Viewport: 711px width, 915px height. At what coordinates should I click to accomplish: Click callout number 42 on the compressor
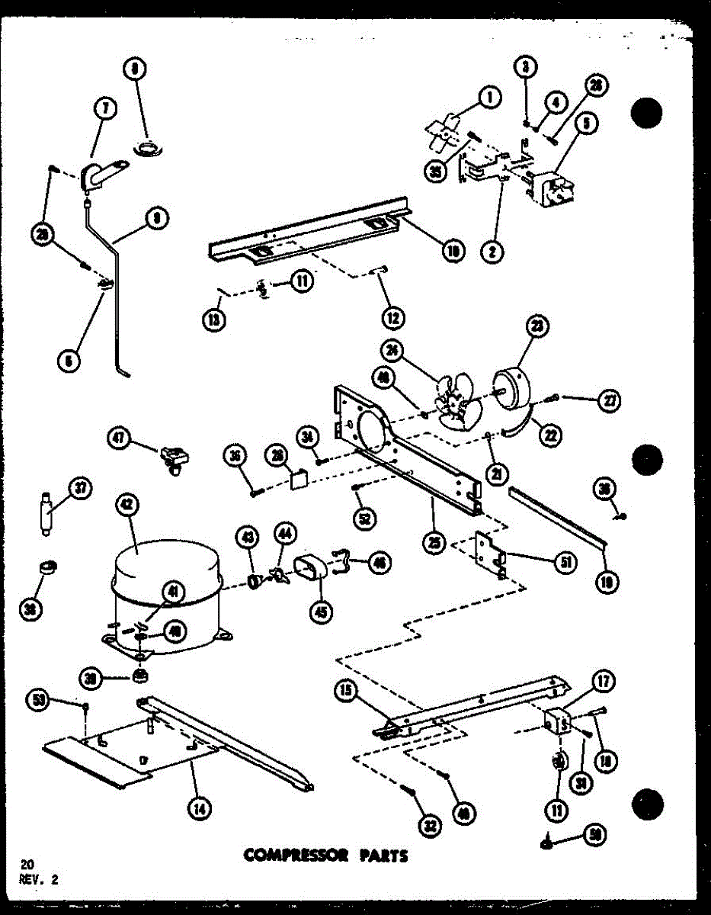click(x=127, y=504)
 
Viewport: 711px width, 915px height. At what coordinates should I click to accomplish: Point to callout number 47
click(x=119, y=438)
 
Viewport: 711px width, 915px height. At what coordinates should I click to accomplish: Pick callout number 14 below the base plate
click(x=200, y=809)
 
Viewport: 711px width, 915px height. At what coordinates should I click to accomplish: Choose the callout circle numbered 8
click(x=135, y=69)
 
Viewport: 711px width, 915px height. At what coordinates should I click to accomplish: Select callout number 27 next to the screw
click(x=609, y=401)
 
